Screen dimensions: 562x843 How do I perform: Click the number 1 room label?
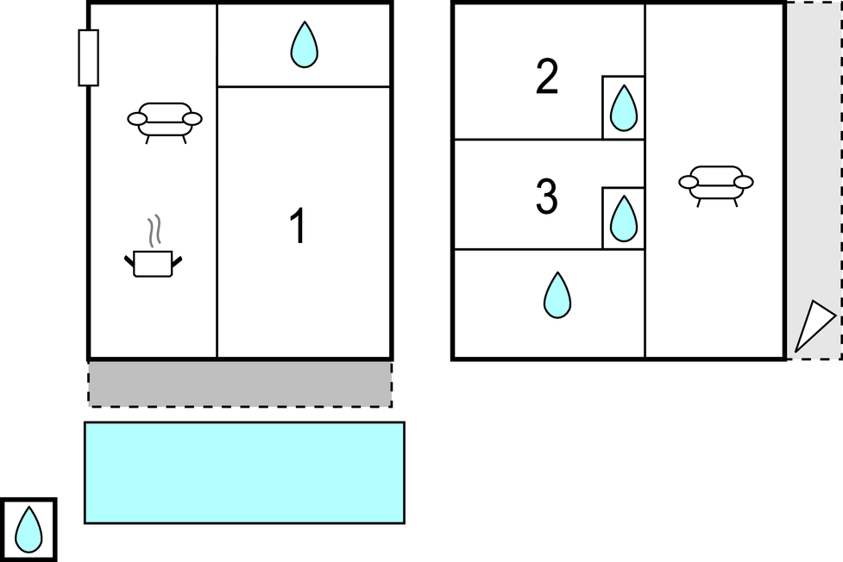297,228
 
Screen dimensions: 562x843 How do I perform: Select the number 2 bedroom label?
547,77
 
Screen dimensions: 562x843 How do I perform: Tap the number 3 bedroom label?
547,197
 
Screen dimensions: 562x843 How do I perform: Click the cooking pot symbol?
154,263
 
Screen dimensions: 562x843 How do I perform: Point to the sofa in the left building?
165,121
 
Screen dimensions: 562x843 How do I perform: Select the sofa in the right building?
716,184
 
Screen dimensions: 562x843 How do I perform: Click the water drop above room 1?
304,45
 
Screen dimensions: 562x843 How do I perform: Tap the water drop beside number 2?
623,109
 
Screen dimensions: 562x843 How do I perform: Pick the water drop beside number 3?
623,219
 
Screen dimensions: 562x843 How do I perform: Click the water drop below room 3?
557,295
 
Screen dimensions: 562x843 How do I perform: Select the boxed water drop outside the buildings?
28,529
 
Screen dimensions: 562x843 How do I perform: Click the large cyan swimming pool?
244,472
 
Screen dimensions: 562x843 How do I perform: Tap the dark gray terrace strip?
240,383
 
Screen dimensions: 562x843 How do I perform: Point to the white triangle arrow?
812,326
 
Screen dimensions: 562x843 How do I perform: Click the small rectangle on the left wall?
88,58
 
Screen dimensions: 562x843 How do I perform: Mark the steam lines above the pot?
154,231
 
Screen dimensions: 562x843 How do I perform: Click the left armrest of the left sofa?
137,119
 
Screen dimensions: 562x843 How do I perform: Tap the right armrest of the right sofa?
743,182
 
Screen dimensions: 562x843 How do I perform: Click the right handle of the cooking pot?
177,260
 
